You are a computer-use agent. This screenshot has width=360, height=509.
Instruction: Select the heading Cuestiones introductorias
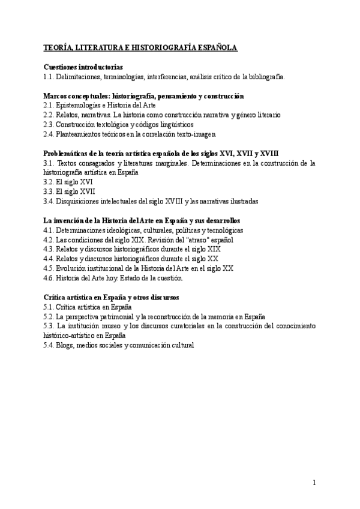point(83,67)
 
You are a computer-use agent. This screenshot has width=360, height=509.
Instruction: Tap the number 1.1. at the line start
point(50,77)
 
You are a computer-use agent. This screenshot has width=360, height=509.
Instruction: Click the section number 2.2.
point(50,115)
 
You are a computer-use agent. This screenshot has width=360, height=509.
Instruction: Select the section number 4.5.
point(50,268)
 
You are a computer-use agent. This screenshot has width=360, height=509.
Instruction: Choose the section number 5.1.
point(50,307)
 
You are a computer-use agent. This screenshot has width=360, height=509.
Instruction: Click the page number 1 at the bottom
point(314,482)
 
